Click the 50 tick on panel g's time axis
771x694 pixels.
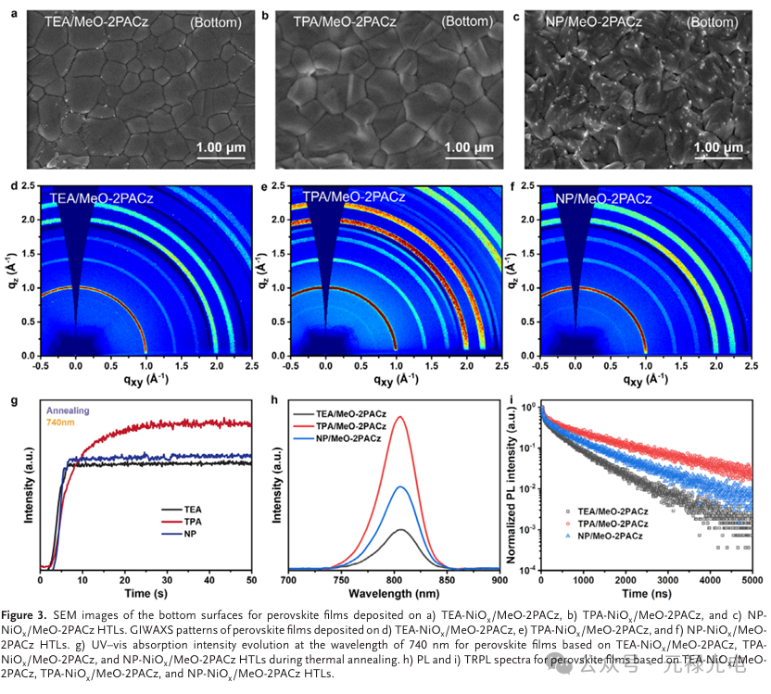coord(251,580)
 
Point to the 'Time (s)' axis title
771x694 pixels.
coord(145,593)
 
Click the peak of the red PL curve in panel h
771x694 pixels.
coord(401,417)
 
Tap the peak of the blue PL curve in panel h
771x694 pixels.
coord(401,486)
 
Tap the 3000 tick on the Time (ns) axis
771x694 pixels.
coord(666,580)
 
